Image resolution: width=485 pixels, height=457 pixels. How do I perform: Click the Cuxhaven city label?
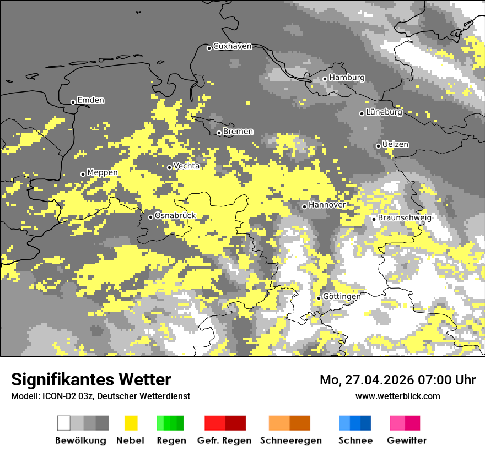click(232, 46)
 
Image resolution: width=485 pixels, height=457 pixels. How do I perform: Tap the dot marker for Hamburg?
click(325, 79)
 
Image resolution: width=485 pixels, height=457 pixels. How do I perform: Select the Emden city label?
click(90, 100)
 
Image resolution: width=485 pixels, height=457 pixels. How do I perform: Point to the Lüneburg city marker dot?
click(362, 113)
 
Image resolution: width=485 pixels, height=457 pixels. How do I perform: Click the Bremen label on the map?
click(238, 132)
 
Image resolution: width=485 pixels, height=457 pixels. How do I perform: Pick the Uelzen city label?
click(395, 144)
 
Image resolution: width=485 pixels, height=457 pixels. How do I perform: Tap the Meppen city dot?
click(83, 174)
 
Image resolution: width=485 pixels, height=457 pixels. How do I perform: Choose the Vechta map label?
click(186, 166)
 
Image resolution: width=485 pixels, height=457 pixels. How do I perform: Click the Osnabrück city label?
click(175, 216)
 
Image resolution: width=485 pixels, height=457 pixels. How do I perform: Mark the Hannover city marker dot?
click(304, 206)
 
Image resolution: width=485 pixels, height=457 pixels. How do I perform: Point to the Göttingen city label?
click(342, 296)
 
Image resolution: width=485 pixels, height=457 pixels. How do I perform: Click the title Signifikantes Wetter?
click(91, 379)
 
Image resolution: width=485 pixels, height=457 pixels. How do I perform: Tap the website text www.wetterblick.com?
click(398, 396)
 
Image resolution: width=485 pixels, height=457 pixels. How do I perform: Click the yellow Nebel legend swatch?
click(130, 423)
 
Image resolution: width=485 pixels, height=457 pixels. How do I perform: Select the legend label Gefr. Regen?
click(224, 440)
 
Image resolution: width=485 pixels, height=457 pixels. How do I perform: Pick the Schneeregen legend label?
click(290, 440)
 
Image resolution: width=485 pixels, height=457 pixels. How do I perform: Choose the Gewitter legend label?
click(407, 440)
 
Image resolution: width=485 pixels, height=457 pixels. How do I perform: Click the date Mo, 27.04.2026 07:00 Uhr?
click(397, 380)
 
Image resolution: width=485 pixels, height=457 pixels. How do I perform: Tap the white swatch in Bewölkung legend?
click(64, 423)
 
